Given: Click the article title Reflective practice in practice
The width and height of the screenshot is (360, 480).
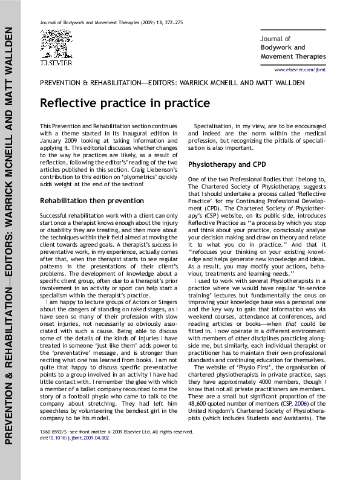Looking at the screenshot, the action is tap(125, 103).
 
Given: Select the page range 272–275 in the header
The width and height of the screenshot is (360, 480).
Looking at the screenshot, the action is tap(174, 22).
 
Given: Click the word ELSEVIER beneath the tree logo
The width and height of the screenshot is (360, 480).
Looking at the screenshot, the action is tap(56, 62).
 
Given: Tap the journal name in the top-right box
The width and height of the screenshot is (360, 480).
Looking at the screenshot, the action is tap(293, 47).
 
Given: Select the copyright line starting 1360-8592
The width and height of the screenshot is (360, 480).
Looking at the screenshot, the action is tap(115, 415).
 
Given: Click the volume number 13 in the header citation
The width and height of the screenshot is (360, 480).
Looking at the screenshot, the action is tap(157, 22).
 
